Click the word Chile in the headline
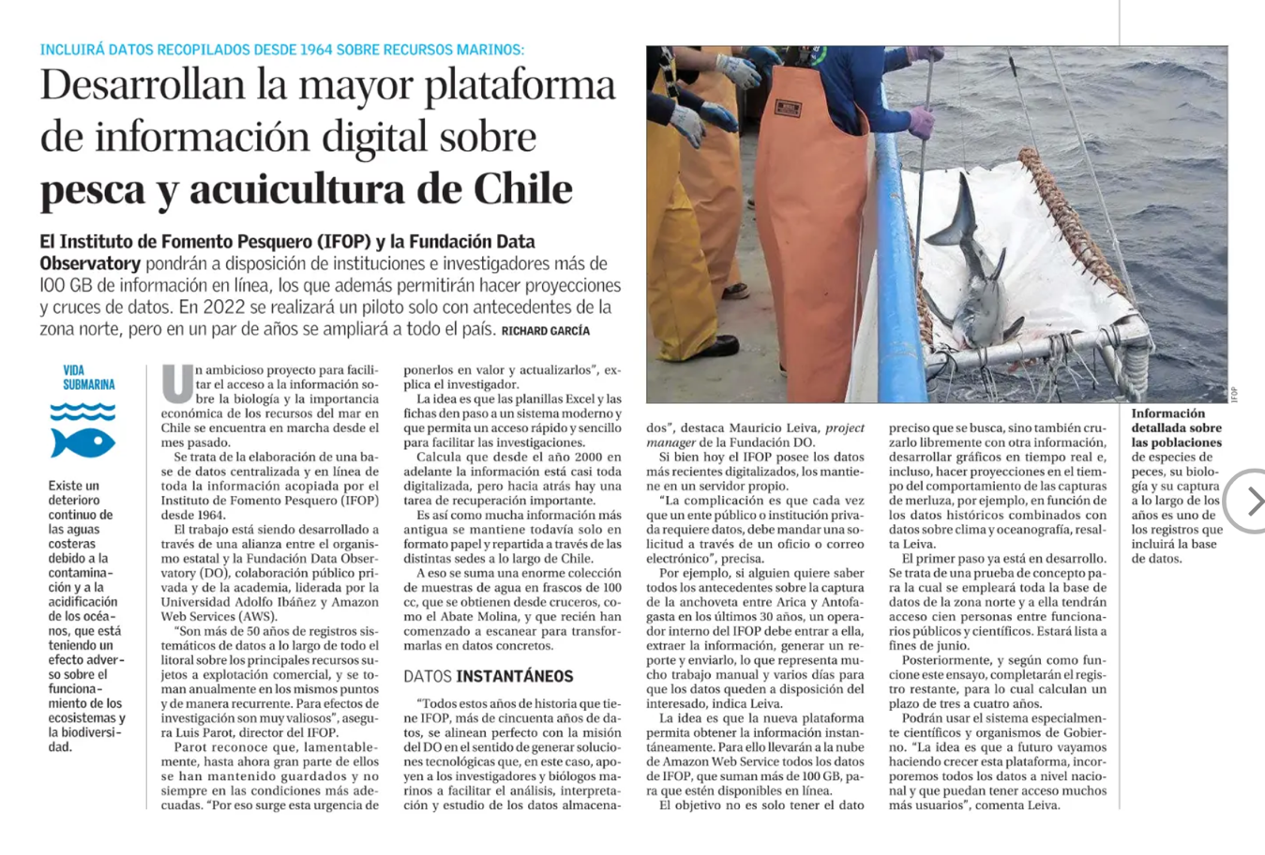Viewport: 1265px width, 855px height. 522,189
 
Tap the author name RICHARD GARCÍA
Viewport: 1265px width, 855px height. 546,331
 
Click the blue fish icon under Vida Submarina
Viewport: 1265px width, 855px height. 83,442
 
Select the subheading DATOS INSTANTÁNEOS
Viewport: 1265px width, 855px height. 488,676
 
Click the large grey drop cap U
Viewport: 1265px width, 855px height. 176,383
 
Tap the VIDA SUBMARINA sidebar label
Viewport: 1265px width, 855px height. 89,378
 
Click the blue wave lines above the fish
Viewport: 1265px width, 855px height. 83,412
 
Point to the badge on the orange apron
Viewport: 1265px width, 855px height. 788,109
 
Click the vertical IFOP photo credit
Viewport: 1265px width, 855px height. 1234,392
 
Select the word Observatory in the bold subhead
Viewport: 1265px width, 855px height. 90,263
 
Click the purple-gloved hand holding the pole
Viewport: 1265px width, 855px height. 921,122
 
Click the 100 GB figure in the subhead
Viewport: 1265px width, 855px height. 67,286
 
